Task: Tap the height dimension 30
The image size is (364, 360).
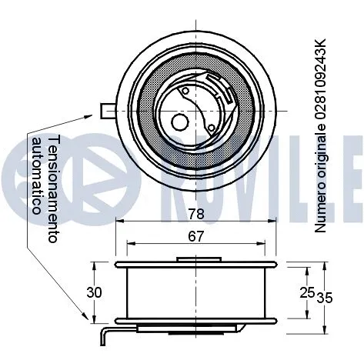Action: (x=94, y=292)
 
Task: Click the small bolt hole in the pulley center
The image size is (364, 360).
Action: (x=180, y=122)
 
